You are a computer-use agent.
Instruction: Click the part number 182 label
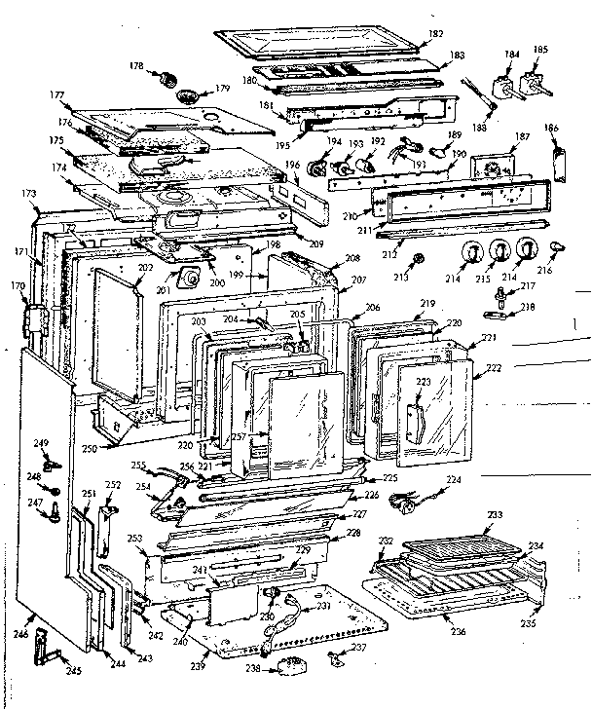pos(435,33)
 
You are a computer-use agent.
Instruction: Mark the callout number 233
pos(495,514)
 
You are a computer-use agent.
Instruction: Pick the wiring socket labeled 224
pos(400,500)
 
